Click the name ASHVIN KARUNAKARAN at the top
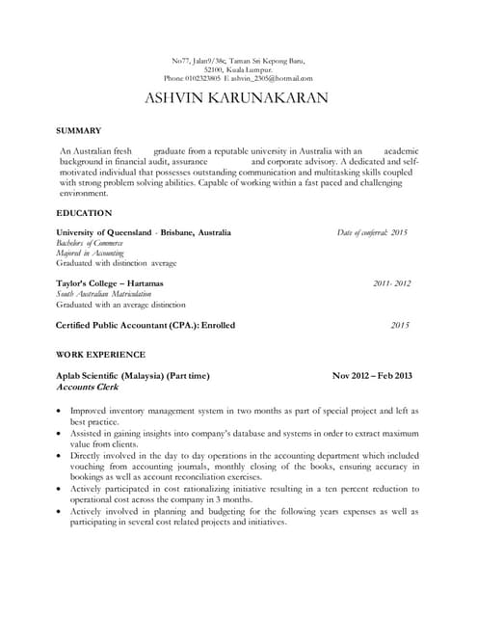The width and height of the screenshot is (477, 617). (x=236, y=98)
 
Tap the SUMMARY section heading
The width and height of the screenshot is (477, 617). (x=79, y=130)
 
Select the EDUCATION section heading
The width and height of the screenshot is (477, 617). (x=84, y=212)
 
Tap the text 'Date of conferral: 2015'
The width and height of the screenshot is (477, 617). (x=372, y=232)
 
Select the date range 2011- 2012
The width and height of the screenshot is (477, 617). (x=391, y=283)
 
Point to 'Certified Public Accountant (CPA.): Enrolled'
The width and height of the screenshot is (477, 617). (x=146, y=325)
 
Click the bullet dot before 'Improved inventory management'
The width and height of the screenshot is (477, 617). (x=62, y=412)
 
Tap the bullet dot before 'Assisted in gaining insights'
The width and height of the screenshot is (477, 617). (x=62, y=434)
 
